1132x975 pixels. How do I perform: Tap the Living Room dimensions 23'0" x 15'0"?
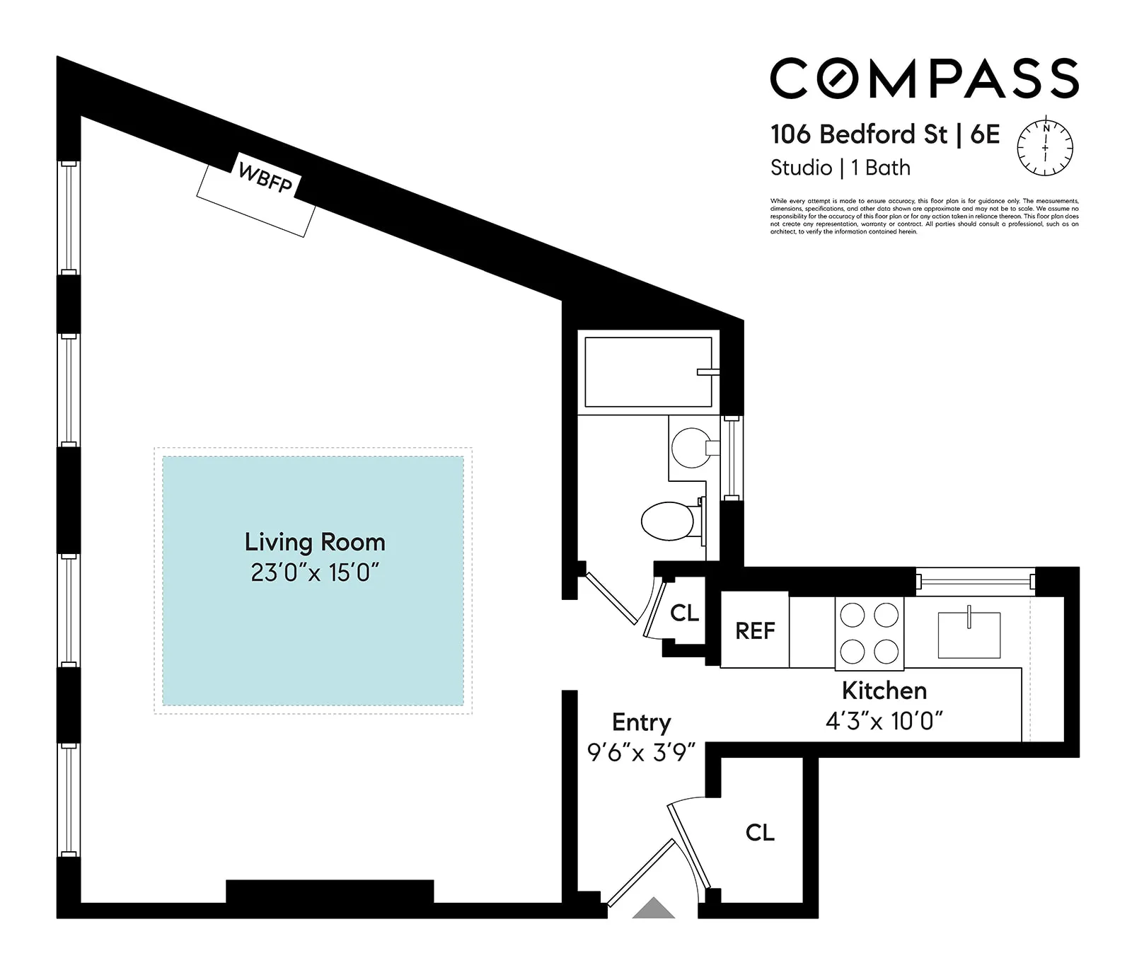(315, 572)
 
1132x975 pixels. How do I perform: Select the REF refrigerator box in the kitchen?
(755, 630)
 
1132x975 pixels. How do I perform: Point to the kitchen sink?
(969, 635)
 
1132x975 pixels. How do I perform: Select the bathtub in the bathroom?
(647, 372)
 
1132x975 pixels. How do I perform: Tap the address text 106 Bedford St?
(858, 134)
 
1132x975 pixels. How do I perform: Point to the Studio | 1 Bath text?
(840, 168)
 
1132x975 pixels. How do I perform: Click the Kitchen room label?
(884, 690)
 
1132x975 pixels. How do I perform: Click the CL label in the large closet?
(760, 832)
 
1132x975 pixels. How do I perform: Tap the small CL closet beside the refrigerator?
(684, 613)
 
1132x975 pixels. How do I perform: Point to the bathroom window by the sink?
(732, 458)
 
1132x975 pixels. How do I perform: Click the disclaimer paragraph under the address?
(924, 216)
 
